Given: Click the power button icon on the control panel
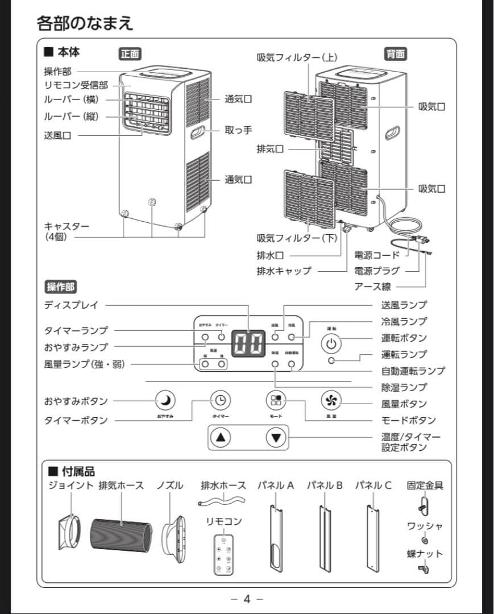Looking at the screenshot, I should pos(333,343).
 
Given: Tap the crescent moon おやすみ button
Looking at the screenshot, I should pos(165,401).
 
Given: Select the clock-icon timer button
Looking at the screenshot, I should pos(221,401).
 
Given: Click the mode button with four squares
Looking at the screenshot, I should pos(276,401).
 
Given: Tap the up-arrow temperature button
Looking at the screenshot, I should pos(221,438).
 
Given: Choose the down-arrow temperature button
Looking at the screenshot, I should pos(277,438).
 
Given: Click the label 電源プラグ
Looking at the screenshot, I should pos(377,271).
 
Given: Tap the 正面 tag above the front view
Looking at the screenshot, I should pos(130,54).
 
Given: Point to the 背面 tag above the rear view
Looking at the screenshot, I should pos(396,54).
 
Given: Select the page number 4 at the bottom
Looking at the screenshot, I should pos(247,599).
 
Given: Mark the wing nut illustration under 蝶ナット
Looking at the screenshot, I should pos(424,568).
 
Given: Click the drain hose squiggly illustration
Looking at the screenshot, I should pos(221,501).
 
